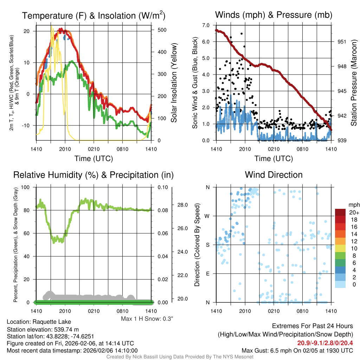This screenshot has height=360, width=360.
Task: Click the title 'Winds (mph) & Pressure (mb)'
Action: [x=274, y=15]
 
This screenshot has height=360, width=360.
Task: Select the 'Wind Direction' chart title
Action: [x=274, y=175]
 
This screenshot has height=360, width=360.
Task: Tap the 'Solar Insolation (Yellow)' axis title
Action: [x=174, y=83]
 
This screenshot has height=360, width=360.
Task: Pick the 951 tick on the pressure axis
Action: [x=342, y=41]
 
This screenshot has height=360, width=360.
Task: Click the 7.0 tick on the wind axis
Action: [x=206, y=25]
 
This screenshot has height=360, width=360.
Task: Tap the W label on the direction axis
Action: [x=207, y=216]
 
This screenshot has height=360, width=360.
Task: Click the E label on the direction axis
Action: [x=208, y=274]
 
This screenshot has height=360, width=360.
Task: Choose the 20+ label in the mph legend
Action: [x=354, y=213]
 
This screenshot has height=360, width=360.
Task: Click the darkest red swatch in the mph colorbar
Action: [x=341, y=212]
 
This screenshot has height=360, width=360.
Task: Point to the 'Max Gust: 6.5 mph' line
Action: [x=297, y=351]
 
